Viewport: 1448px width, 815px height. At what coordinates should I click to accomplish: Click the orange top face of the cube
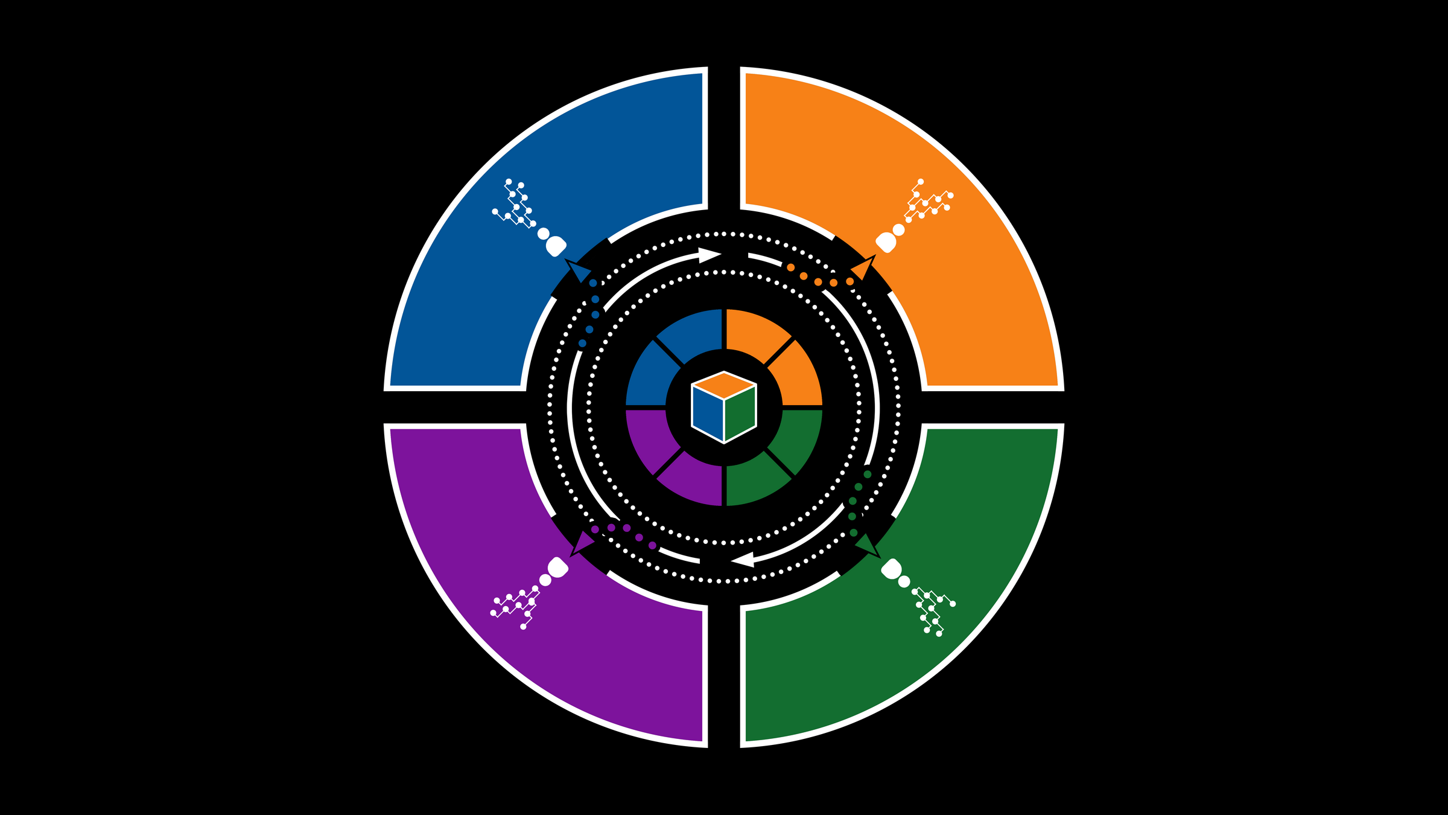tap(724, 385)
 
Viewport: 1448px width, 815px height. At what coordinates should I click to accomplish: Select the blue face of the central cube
tap(708, 414)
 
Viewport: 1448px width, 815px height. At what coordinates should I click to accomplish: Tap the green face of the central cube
tap(740, 414)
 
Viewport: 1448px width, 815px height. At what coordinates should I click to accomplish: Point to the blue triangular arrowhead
tap(579, 271)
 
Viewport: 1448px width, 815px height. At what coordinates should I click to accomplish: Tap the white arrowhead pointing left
tap(743, 560)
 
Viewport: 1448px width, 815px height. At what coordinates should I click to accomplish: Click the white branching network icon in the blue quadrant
tap(515, 203)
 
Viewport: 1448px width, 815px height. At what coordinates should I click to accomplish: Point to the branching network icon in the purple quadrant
tap(515, 606)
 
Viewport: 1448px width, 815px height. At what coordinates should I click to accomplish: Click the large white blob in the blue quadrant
tap(556, 246)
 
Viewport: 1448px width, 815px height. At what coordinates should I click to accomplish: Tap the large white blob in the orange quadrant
tap(886, 243)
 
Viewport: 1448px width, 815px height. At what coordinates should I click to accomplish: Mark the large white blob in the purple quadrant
tap(557, 568)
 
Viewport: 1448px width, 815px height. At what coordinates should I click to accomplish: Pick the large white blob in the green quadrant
tap(891, 569)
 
